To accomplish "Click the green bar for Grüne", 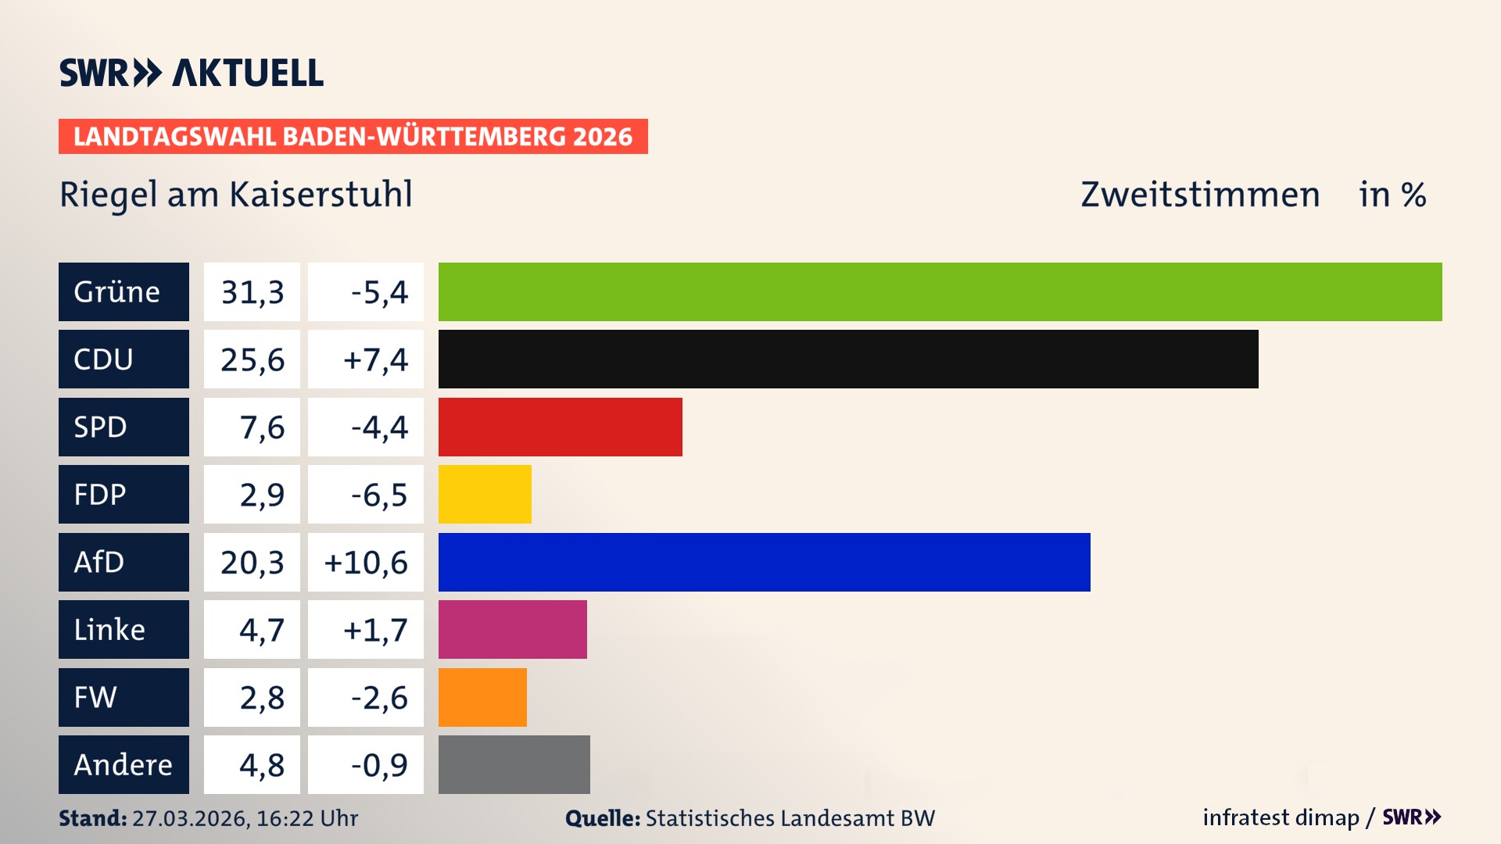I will tap(940, 291).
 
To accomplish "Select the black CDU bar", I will tap(848, 359).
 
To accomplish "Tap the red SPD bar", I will tap(560, 427).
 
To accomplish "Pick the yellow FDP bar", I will tap(485, 494).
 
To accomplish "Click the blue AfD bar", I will tap(764, 562).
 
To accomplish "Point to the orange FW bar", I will tap(482, 697).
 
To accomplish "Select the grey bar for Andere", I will tap(514, 764).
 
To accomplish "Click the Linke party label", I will tap(109, 630).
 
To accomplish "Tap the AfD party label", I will tap(99, 562).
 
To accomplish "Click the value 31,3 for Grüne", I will tap(252, 292).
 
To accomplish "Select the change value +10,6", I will tap(366, 563).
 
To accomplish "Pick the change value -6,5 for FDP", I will tap(379, 495).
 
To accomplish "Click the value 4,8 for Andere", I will tap(261, 765).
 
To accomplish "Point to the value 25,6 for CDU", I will tap(252, 360).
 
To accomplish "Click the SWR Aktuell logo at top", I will tap(192, 73).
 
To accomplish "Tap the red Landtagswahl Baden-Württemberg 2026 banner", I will tap(353, 137).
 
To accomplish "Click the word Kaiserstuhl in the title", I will tap(321, 195).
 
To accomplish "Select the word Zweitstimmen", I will tap(1199, 195).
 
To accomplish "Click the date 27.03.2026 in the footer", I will tap(190, 818).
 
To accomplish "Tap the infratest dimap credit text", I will tap(1281, 817).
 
